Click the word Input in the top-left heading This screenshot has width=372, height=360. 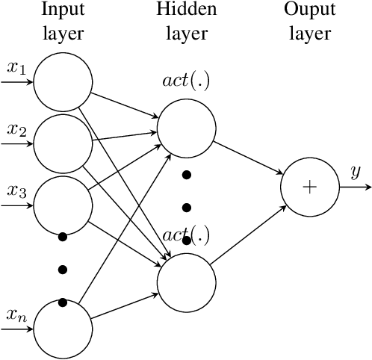(63, 10)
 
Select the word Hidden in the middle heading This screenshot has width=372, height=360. (186, 10)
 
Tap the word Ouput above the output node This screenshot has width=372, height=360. (309, 10)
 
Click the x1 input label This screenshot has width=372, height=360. (16, 68)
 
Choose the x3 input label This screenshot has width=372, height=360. (16, 190)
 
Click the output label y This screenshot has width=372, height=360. (355, 173)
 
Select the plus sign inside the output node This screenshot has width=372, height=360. (309, 187)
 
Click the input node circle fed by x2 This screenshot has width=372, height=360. (63, 142)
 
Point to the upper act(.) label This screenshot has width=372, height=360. (186, 81)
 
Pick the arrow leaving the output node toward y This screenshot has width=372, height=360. (353, 187)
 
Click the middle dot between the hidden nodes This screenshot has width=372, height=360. (186, 207)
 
